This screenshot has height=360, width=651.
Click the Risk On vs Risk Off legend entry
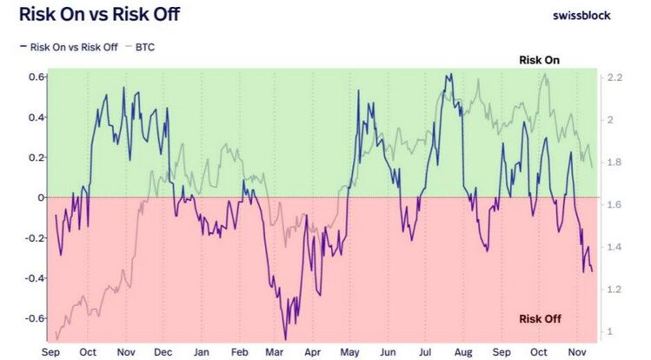[70, 47]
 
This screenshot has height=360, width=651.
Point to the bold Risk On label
[539, 60]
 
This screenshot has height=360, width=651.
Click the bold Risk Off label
[539, 319]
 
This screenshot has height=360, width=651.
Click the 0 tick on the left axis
[40, 197]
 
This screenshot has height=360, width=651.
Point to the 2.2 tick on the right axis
[614, 78]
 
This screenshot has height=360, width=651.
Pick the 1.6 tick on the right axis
[614, 205]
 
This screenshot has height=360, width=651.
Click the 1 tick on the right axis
[610, 331]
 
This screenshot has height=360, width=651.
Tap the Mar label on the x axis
[274, 353]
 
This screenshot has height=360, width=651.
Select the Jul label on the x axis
[426, 353]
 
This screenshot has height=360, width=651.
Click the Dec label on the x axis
[163, 353]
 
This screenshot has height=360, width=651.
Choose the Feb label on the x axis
[238, 353]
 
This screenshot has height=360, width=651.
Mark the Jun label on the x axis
[388, 353]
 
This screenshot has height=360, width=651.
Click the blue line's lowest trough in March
[284, 338]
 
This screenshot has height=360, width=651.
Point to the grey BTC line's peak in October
[544, 74]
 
